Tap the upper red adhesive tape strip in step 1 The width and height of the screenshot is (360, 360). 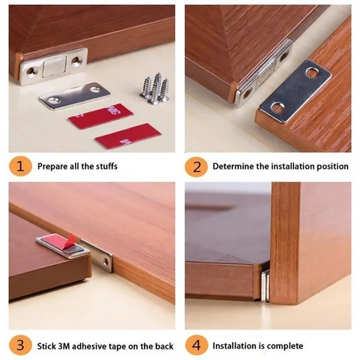tap(99, 116)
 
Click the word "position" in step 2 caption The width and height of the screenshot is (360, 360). tap(329, 166)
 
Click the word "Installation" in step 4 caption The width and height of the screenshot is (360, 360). tap(236, 346)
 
